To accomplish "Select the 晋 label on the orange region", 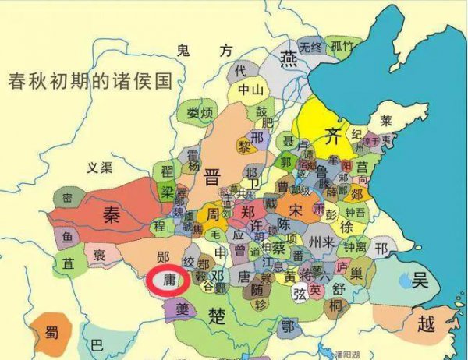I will pyautogui.click(x=211, y=175).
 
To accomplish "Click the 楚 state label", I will pyautogui.click(x=218, y=314).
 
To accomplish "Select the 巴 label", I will pyautogui.click(x=96, y=343).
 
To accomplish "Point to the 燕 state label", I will pyautogui.click(x=289, y=58).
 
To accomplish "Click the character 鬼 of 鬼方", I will pyautogui.click(x=184, y=51).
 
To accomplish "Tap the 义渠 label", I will pyautogui.click(x=99, y=168).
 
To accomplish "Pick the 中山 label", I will pyautogui.click(x=251, y=90).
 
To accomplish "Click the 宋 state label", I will pyautogui.click(x=295, y=210).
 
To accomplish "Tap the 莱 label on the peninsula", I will pyautogui.click(x=385, y=121).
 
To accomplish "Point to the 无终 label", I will pyautogui.click(x=310, y=47).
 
